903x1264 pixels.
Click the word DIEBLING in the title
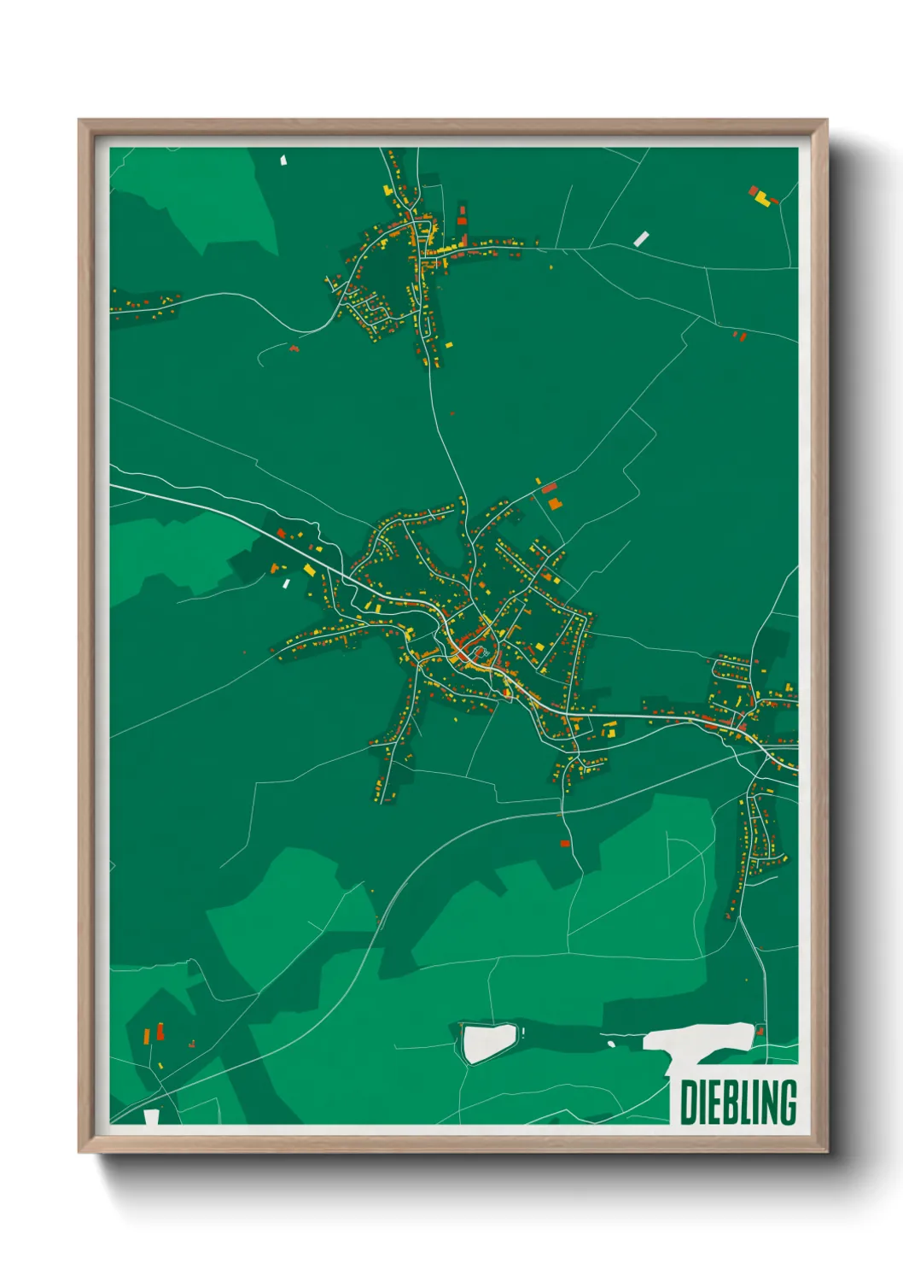(x=738, y=1102)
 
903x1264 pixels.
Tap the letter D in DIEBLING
(x=688, y=1102)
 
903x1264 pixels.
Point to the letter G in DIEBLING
(x=787, y=1102)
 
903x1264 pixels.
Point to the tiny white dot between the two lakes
(x=611, y=1044)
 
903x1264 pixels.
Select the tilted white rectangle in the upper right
(x=641, y=238)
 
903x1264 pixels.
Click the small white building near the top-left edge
(x=284, y=159)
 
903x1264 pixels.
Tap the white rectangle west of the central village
(x=287, y=583)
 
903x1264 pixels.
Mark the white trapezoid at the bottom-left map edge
(x=152, y=1116)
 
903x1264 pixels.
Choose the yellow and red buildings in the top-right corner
(x=761, y=197)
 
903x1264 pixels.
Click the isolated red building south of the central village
(x=564, y=843)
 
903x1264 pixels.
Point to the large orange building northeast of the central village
(x=555, y=504)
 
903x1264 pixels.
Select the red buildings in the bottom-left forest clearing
(x=159, y=1033)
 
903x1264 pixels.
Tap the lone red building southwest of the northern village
(x=294, y=348)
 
